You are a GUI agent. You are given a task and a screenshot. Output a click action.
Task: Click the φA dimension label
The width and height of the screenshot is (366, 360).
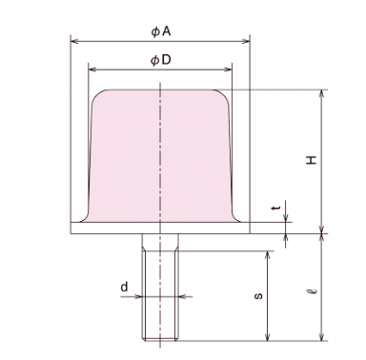coord(161,31)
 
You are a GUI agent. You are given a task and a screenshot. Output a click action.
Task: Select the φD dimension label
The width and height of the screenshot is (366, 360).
coord(161,60)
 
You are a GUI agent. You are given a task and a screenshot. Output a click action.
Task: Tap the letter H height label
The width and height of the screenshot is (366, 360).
coord(312,160)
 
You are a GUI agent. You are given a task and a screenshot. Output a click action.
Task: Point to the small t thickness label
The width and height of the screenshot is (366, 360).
coord(276,208)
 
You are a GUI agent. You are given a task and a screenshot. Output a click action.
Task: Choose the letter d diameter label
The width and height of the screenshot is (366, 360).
coord(124,287)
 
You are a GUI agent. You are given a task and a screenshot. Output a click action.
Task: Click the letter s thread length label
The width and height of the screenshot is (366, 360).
coord(259,296)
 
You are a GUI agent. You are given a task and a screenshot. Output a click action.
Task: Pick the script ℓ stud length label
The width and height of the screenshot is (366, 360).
coord(313,290)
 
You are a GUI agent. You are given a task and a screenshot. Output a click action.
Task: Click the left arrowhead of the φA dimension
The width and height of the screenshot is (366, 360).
coord(74,41)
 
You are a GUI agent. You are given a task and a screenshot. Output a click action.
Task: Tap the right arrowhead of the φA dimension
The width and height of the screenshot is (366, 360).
coord(246,41)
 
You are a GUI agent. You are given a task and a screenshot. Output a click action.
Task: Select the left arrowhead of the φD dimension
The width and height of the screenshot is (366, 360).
coord(92,70)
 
